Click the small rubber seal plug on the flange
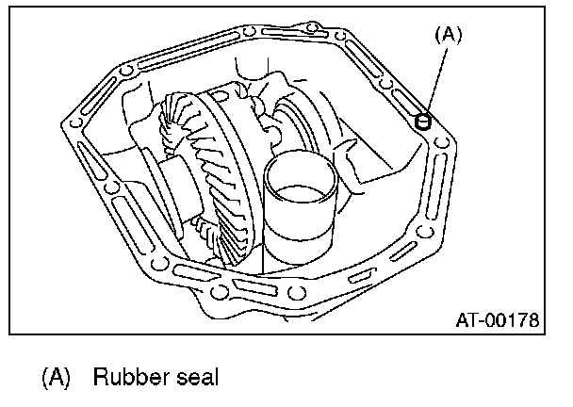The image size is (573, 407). pyautogui.click(x=423, y=120)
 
